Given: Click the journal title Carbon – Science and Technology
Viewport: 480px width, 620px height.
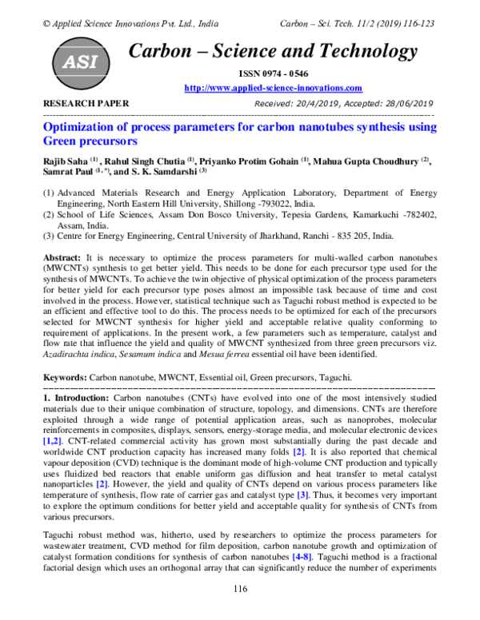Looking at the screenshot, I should click(x=273, y=52).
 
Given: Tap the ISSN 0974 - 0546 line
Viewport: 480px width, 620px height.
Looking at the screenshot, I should click(x=273, y=74).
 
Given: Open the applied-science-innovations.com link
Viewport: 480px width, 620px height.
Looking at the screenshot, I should click(x=273, y=88).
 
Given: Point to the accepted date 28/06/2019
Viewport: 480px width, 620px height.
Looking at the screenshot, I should click(x=404, y=104).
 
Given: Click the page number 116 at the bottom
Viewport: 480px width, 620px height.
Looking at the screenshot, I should click(x=239, y=589).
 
